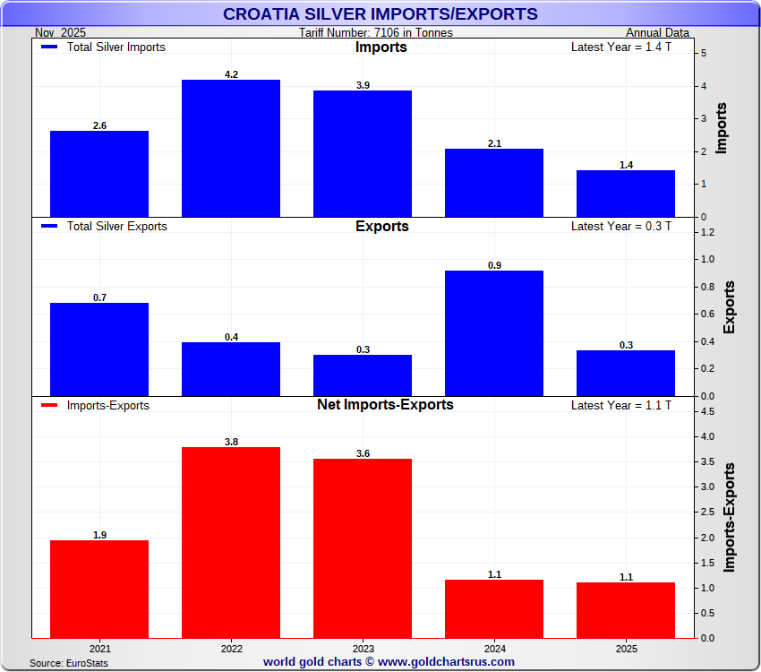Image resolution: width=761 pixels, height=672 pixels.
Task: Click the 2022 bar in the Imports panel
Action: [231, 148]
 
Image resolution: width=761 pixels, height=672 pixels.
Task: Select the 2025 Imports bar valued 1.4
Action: [626, 194]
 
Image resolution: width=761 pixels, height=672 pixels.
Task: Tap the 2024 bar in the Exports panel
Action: [494, 333]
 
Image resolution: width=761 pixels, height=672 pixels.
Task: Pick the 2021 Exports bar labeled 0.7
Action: [99, 349]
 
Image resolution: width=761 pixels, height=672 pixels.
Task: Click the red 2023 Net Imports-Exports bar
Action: [363, 548]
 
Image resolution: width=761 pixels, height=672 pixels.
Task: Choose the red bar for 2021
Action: [99, 589]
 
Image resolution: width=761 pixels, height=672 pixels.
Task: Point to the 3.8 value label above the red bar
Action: [231, 442]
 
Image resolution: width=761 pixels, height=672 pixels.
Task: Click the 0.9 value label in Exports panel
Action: [494, 265]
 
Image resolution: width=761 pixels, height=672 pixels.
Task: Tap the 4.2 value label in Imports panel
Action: [231, 74]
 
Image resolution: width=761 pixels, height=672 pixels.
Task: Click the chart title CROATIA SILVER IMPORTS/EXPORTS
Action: [380, 14]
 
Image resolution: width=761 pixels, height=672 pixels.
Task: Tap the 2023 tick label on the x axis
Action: [363, 647]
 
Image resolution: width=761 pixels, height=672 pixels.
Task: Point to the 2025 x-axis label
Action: [626, 647]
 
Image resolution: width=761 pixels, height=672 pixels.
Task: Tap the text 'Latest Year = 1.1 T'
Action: [620, 406]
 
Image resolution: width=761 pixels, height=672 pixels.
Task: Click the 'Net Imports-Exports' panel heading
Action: [385, 405]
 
